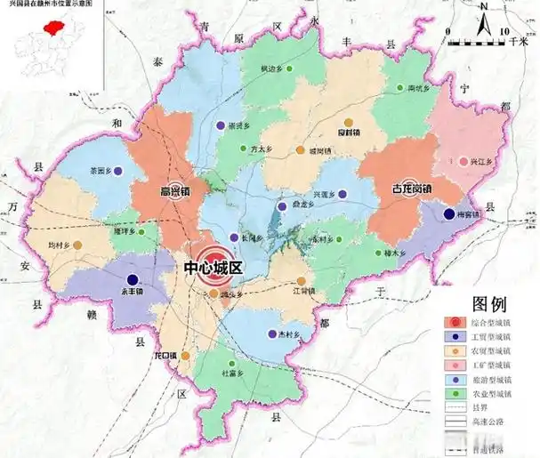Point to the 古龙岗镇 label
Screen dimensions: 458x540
coord(411,189)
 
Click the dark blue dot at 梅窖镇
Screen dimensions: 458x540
coord(447,213)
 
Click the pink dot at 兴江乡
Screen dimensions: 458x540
coord(463,161)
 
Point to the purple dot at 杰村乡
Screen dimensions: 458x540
coord(271,334)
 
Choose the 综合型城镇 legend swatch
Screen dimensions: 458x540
coord(456,322)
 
